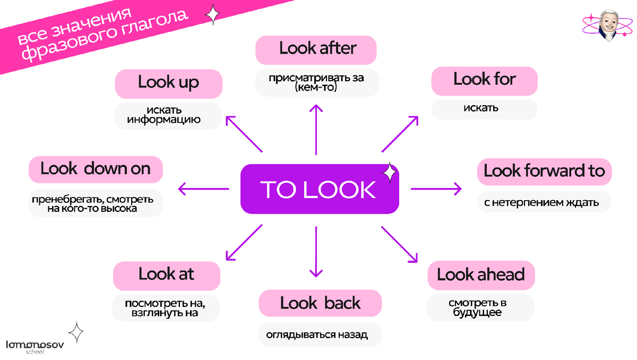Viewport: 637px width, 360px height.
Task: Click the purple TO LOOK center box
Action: (x=319, y=190)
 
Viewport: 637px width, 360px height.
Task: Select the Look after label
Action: (x=317, y=49)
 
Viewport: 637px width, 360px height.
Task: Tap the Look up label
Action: (x=168, y=83)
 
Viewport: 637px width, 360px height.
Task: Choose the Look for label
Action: (x=484, y=80)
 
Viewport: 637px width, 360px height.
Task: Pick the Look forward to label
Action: (x=544, y=171)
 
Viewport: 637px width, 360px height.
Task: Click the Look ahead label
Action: (x=480, y=275)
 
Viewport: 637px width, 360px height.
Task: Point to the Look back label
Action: (x=320, y=303)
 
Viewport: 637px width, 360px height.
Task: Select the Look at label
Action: (x=166, y=275)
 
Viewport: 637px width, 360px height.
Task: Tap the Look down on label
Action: (x=96, y=169)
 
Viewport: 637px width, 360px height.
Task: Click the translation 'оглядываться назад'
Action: (x=320, y=335)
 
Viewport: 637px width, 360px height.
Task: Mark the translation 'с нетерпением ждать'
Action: (x=544, y=202)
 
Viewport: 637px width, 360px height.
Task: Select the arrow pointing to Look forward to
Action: (x=436, y=188)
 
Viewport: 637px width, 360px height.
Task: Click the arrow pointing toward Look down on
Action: (x=203, y=188)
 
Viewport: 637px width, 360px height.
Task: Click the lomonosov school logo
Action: (x=35, y=347)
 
